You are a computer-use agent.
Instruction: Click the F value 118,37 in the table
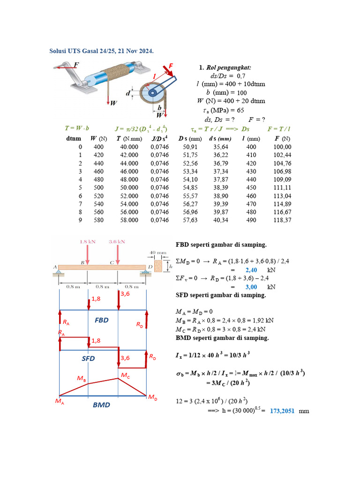(x=283, y=219)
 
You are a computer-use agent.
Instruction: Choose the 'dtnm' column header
(x=74, y=139)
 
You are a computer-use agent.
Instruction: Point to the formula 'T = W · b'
(x=77, y=128)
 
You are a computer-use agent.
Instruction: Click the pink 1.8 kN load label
(x=88, y=242)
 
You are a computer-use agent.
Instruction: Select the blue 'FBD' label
(x=101, y=320)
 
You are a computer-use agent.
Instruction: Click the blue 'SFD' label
(x=88, y=359)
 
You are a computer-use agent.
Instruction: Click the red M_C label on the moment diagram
(x=125, y=375)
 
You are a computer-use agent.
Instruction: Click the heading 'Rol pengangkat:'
(x=232, y=68)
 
